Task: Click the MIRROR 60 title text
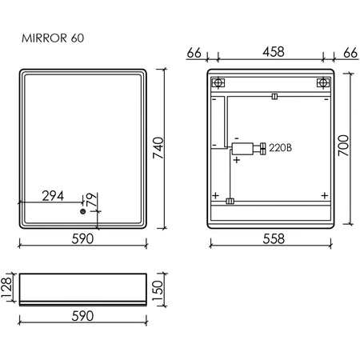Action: click(53, 38)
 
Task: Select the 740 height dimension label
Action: click(158, 148)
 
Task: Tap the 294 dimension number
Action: click(53, 196)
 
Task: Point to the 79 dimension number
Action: click(91, 199)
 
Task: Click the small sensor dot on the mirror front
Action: click(82, 212)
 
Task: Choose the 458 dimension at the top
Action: click(274, 51)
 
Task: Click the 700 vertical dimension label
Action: click(343, 146)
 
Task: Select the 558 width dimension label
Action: click(274, 238)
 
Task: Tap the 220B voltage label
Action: click(280, 147)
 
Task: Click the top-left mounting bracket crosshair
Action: click(218, 82)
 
